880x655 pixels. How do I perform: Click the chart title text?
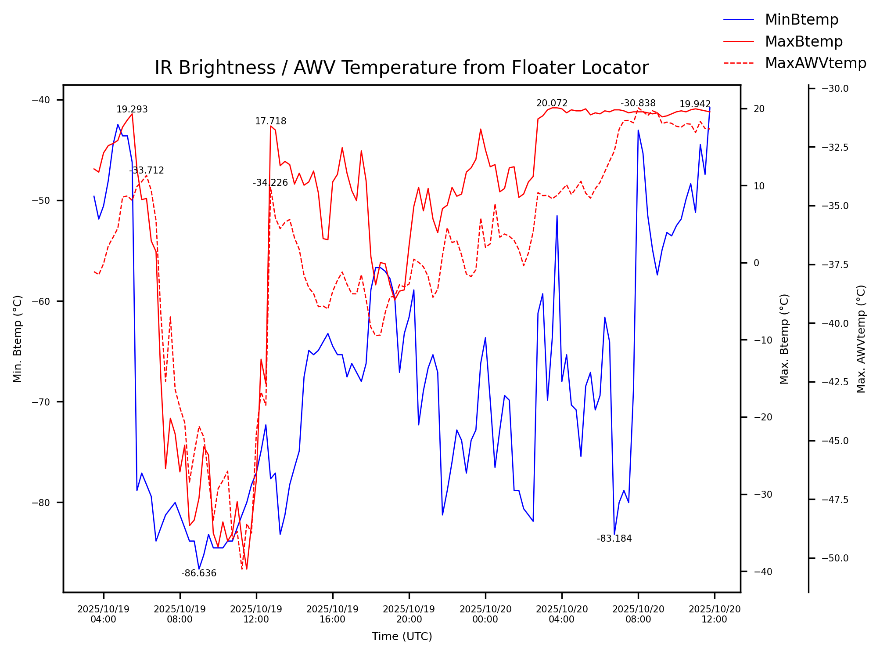click(x=402, y=68)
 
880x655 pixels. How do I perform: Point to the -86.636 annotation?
click(x=199, y=573)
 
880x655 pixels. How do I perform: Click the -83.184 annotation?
click(x=614, y=539)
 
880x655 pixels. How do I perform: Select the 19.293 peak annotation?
click(x=132, y=110)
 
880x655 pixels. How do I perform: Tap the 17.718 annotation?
click(x=270, y=121)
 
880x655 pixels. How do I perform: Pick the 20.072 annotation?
click(x=552, y=103)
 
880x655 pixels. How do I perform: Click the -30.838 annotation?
click(x=638, y=103)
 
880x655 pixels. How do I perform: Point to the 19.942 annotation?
click(x=695, y=104)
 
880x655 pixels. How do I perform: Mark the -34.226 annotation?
click(x=270, y=183)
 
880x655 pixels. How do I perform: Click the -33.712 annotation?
click(x=146, y=170)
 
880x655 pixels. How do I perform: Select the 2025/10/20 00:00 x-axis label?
click(x=485, y=614)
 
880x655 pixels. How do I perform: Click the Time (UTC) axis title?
click(x=402, y=637)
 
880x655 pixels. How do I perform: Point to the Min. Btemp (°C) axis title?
click(x=18, y=339)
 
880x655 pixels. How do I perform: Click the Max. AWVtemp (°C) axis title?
click(x=861, y=339)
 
